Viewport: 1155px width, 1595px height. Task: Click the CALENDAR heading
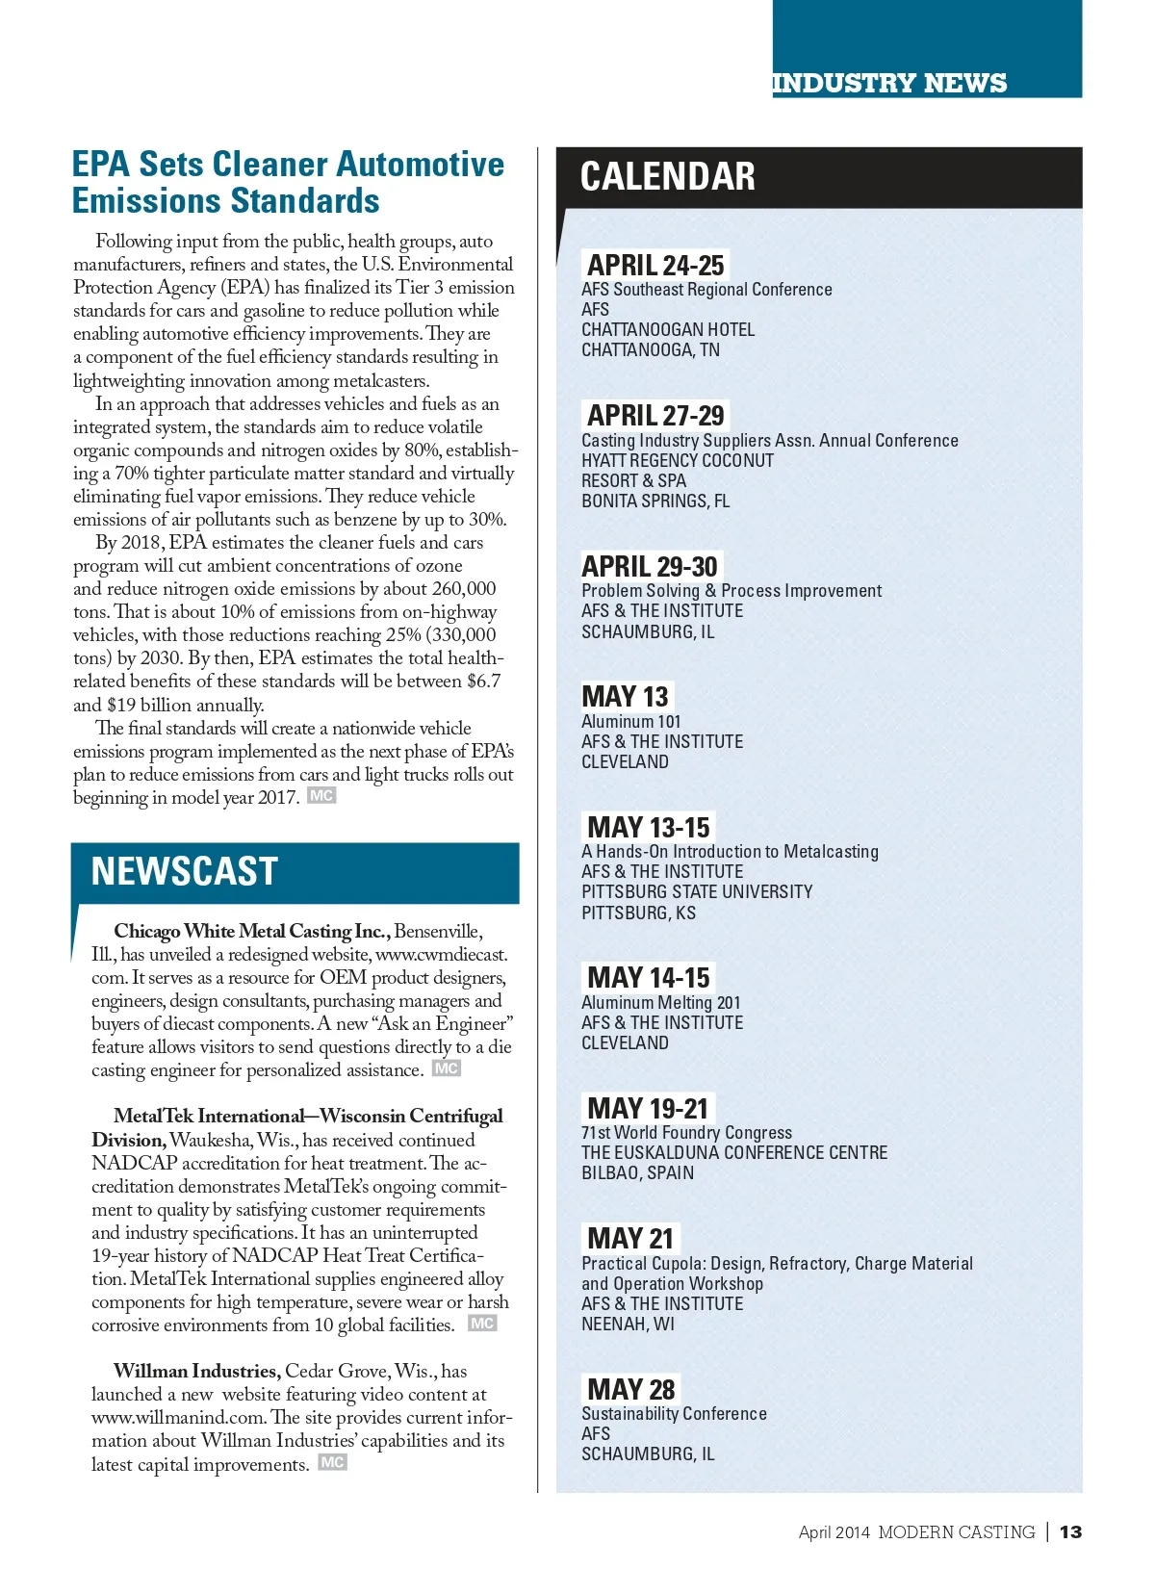click(667, 177)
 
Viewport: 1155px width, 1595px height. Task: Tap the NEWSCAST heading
click(184, 871)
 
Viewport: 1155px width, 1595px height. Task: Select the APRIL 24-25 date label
click(655, 265)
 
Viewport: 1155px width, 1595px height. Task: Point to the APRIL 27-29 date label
click(655, 415)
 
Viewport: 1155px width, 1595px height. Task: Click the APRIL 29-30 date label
click(650, 566)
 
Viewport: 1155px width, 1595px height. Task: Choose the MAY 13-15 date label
click(648, 827)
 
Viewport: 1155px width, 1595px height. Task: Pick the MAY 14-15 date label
click(648, 977)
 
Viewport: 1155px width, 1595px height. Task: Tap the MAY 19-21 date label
click(647, 1108)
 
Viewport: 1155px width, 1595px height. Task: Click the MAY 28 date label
click(630, 1389)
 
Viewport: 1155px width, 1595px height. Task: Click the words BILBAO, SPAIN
click(637, 1172)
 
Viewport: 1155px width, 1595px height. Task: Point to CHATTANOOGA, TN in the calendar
click(650, 349)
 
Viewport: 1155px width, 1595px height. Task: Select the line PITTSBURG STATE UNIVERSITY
click(697, 891)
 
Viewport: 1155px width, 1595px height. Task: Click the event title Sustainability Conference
click(674, 1413)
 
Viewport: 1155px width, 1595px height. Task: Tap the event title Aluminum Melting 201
click(660, 1002)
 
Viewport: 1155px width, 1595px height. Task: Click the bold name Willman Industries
click(196, 1371)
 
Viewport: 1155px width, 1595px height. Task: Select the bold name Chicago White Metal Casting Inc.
click(251, 931)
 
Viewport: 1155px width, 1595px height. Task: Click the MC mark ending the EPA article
click(321, 796)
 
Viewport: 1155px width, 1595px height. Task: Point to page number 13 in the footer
click(1070, 1531)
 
